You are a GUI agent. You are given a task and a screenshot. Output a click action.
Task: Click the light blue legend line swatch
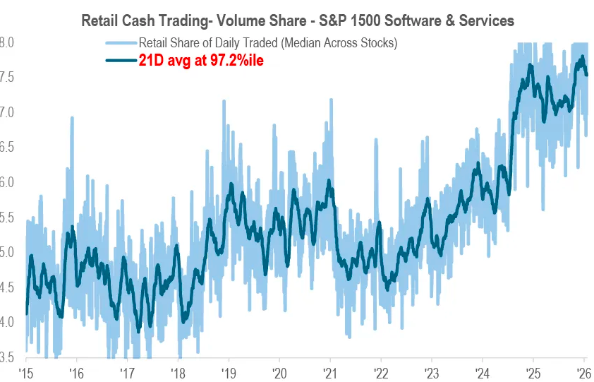tap(121, 43)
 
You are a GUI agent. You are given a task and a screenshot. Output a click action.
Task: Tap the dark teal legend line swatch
tap(121, 61)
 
